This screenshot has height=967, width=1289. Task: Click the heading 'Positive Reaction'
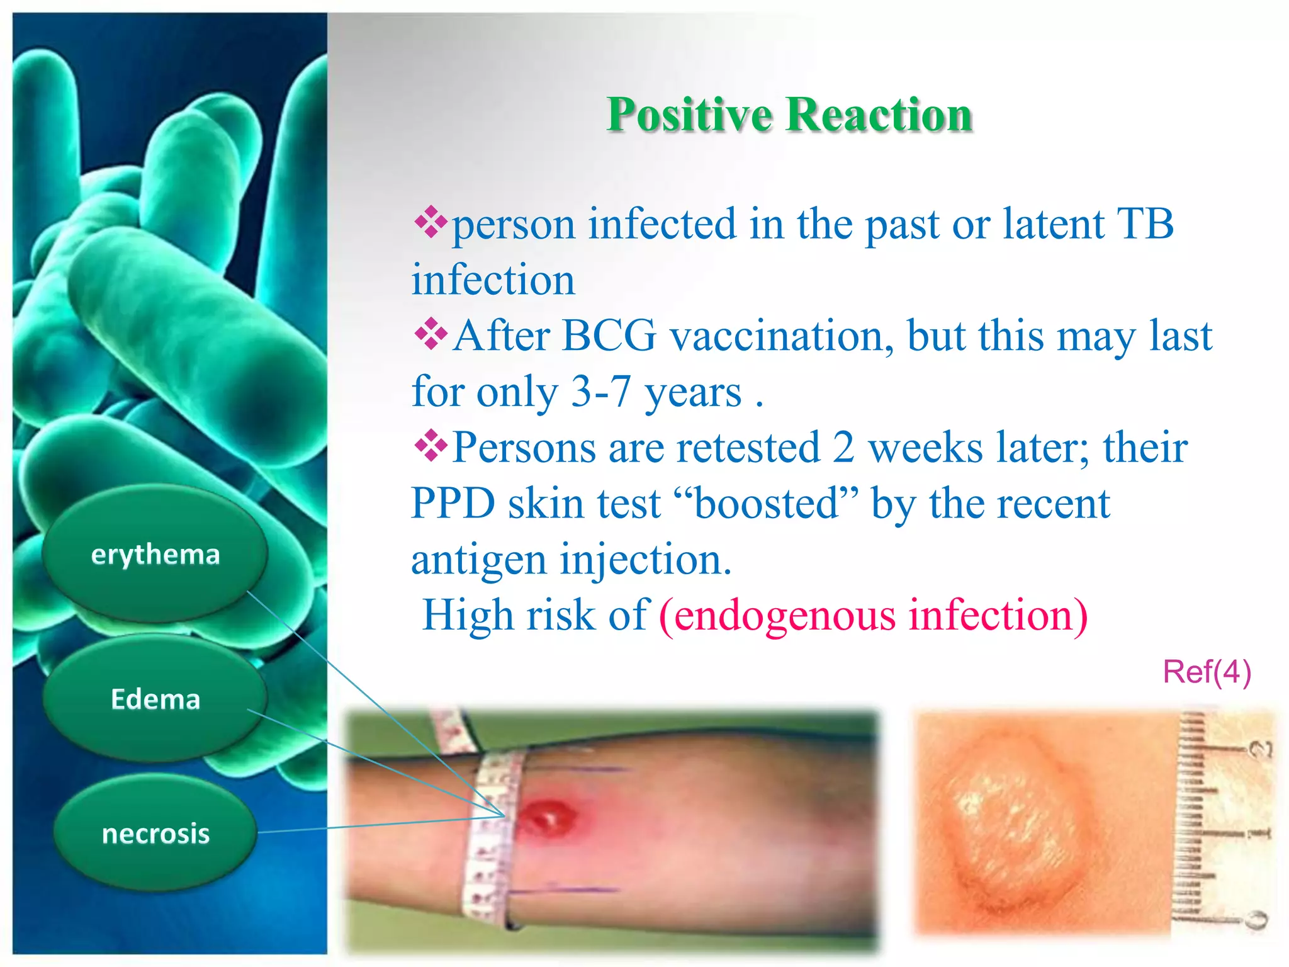[789, 115]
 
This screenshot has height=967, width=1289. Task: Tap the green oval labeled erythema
[155, 554]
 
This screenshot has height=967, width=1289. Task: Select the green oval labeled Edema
[155, 699]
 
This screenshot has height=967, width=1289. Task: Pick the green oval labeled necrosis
[155, 834]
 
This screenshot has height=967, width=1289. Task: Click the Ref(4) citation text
[1206, 672]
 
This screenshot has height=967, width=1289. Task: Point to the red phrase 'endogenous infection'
[873, 615]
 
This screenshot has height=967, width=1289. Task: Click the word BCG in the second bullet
[608, 336]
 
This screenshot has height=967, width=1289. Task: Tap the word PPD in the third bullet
[453, 504]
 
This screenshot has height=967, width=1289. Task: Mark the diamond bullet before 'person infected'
[431, 222]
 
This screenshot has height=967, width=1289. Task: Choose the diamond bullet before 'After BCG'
[431, 334]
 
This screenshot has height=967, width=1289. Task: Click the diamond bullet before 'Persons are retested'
[431, 446]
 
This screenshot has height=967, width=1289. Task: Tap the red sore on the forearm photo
[548, 817]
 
